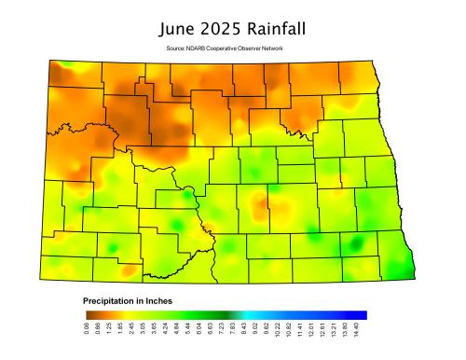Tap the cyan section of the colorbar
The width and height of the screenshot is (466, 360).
click(x=266, y=315)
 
